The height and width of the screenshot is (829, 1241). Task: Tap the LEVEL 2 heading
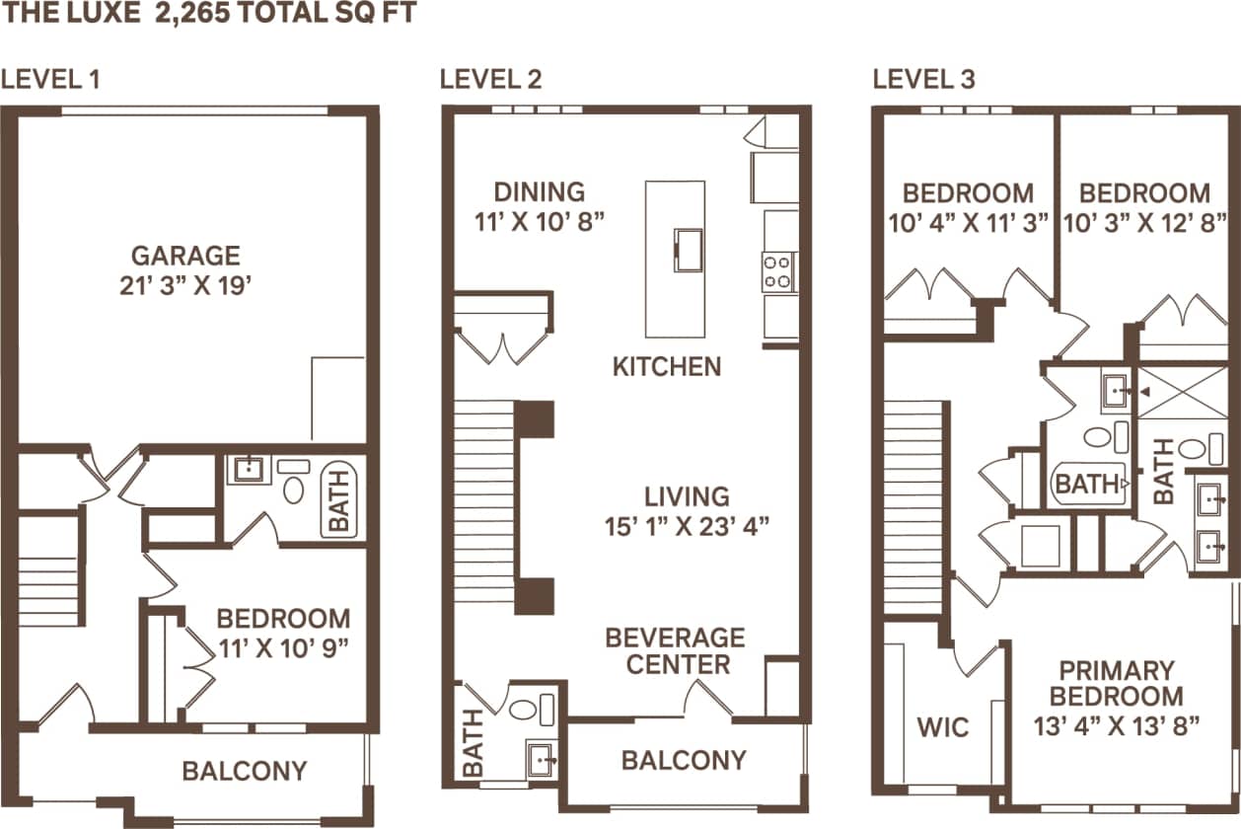click(x=490, y=80)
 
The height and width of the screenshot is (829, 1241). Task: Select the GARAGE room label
click(x=185, y=256)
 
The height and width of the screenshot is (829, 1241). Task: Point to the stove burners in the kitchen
click(x=778, y=271)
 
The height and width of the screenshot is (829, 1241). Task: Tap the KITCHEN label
click(x=667, y=367)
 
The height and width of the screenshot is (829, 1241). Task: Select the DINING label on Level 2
click(x=539, y=191)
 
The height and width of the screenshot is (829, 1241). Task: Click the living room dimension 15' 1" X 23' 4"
click(x=687, y=525)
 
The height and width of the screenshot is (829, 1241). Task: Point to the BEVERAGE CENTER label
click(x=676, y=650)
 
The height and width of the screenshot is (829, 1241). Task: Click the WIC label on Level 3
click(x=943, y=727)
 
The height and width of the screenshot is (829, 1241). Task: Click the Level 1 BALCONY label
click(x=244, y=770)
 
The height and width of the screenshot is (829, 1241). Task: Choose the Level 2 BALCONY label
click(x=683, y=760)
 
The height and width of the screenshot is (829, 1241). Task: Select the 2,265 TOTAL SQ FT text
click(x=286, y=14)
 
